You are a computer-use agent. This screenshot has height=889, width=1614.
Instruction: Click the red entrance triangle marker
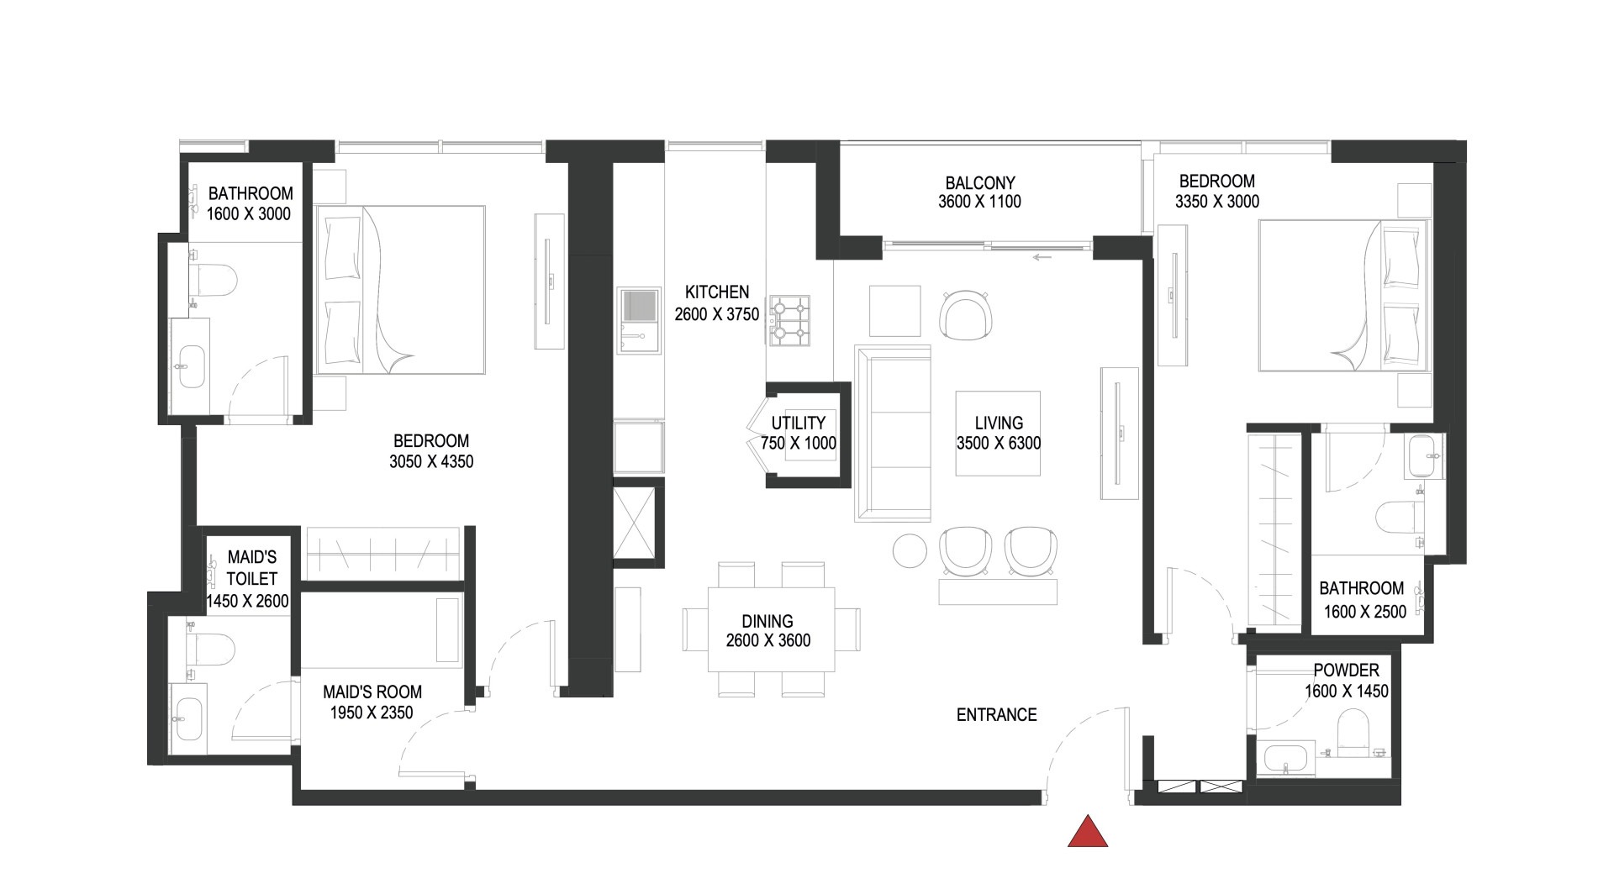click(x=1088, y=833)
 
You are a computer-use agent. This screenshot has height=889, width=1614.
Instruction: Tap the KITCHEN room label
click(x=716, y=292)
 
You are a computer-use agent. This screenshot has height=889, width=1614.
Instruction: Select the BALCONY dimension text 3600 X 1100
click(x=979, y=202)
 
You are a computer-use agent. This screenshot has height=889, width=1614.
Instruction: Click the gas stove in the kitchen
click(x=790, y=321)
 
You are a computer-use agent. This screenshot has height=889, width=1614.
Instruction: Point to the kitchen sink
click(x=640, y=307)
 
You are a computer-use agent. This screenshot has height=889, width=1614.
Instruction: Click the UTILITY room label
click(x=798, y=423)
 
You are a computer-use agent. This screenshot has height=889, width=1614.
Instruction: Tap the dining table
click(x=771, y=629)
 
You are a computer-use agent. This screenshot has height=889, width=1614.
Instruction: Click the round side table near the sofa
click(x=910, y=551)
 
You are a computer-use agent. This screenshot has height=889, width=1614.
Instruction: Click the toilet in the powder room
click(x=1353, y=733)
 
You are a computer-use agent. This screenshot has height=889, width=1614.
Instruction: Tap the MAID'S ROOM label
click(x=372, y=692)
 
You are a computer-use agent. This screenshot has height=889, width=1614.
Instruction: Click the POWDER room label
click(x=1346, y=671)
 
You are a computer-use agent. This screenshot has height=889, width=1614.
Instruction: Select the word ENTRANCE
click(x=996, y=715)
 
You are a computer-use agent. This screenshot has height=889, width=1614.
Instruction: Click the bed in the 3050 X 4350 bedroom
click(x=400, y=290)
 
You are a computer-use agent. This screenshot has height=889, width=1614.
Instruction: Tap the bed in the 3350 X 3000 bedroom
click(x=1343, y=295)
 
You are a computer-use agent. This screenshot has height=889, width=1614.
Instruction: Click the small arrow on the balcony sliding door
click(x=1042, y=257)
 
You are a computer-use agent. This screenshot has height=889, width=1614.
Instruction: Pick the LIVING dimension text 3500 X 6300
click(x=999, y=444)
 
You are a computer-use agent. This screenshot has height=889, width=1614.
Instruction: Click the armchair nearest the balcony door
click(x=968, y=315)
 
